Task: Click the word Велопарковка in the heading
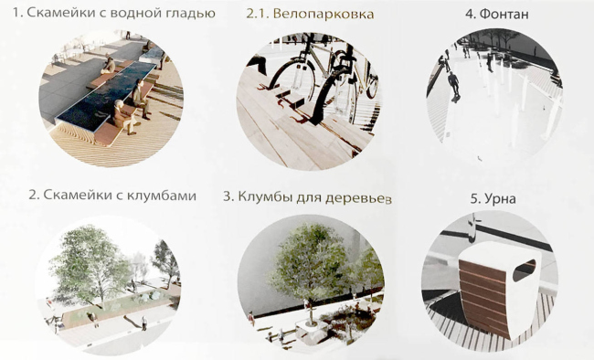click(x=324, y=15)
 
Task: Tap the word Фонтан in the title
click(x=504, y=15)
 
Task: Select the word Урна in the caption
click(x=500, y=199)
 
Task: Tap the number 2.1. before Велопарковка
click(x=257, y=15)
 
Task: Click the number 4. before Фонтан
click(x=470, y=15)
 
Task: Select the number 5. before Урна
click(x=476, y=199)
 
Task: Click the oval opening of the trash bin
click(x=524, y=270)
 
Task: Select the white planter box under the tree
click(x=312, y=329)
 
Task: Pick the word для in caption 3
click(x=309, y=197)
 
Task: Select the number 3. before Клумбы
click(x=228, y=196)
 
